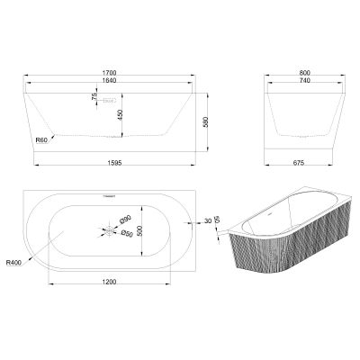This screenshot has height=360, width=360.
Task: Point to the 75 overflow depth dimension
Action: pos(94,98)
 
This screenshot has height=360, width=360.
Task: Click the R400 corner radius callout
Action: pos(13,263)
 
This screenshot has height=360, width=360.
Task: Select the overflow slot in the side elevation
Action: pos(108,101)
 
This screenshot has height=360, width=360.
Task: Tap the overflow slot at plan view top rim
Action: pos(111,193)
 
